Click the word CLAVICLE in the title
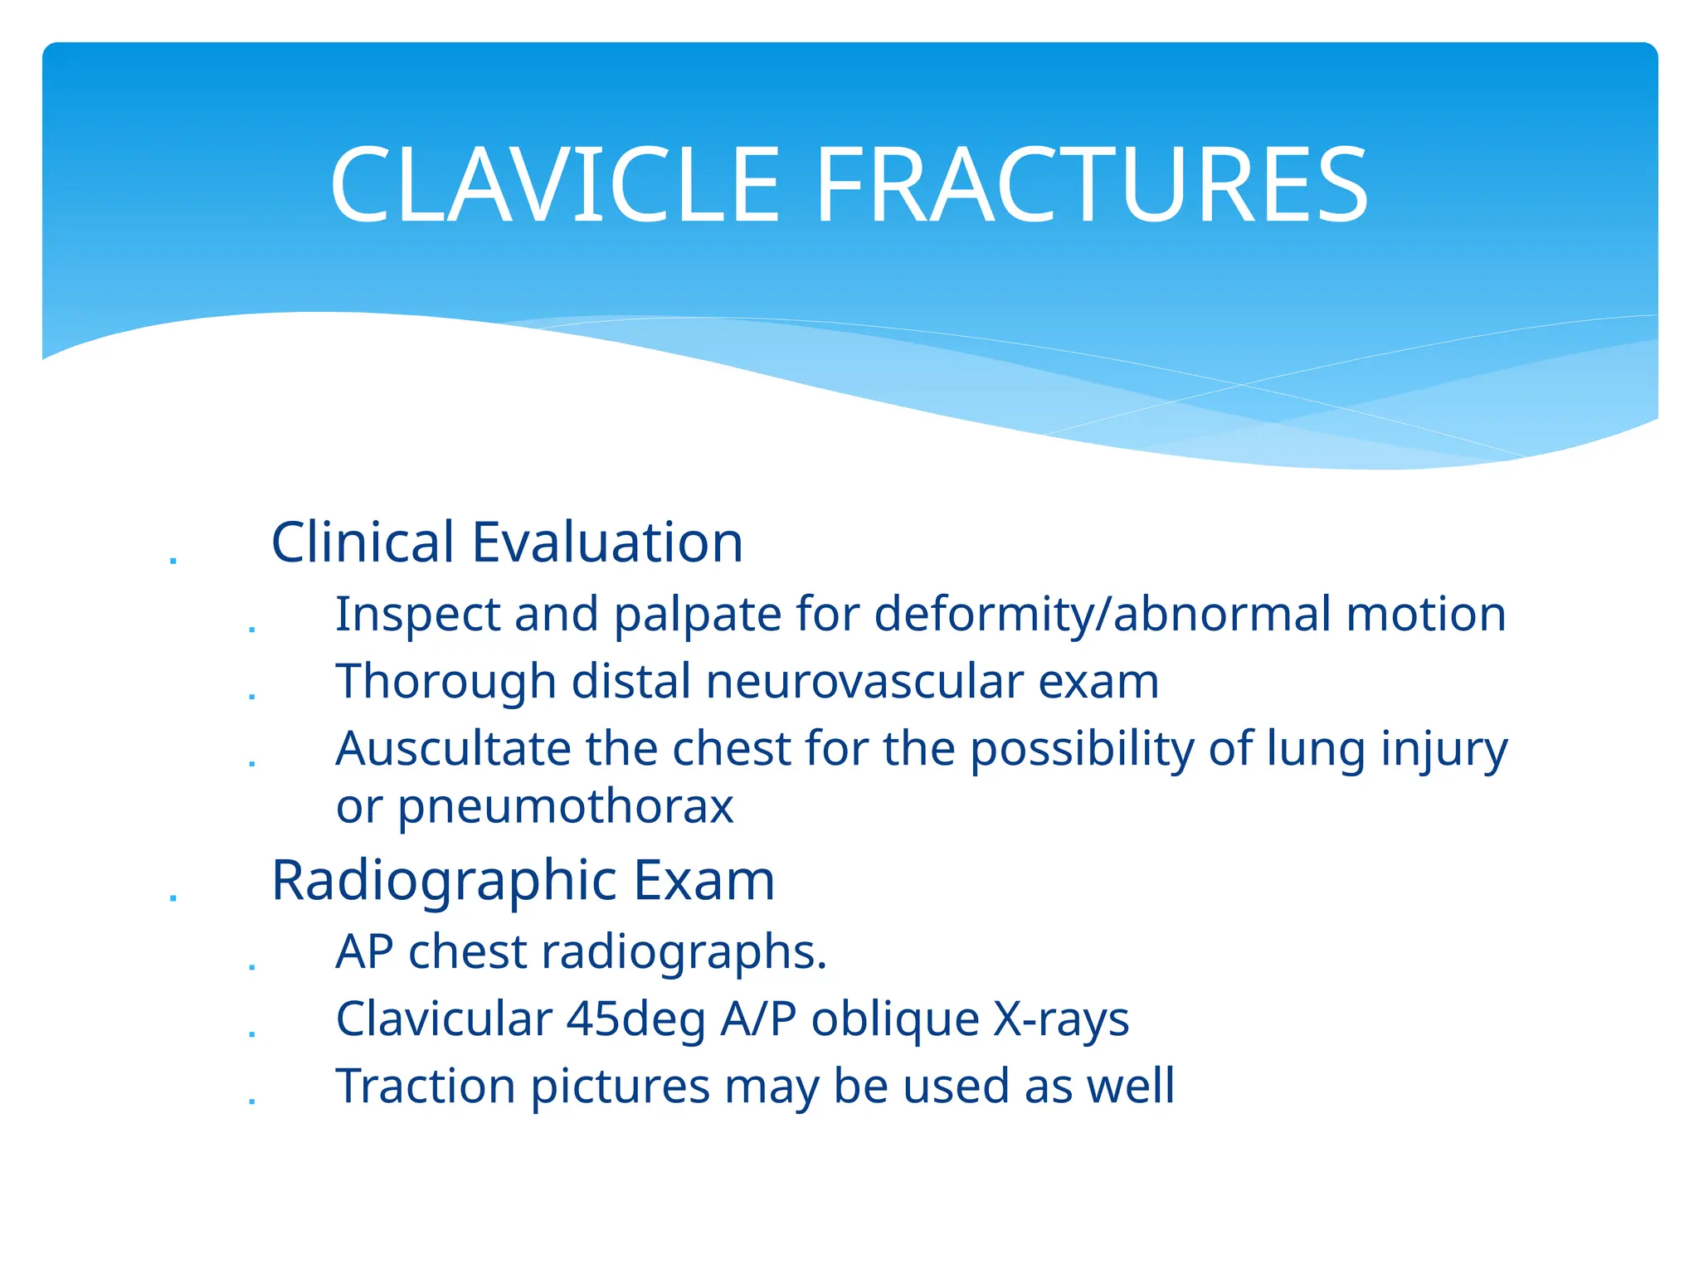[x=554, y=186]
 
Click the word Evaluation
[x=607, y=542]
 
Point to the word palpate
[x=696, y=615]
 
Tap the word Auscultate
[x=453, y=749]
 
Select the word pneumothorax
[x=566, y=806]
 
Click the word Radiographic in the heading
[x=444, y=880]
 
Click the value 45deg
[x=635, y=1019]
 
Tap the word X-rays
[x=1061, y=1019]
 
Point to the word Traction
[x=425, y=1086]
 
